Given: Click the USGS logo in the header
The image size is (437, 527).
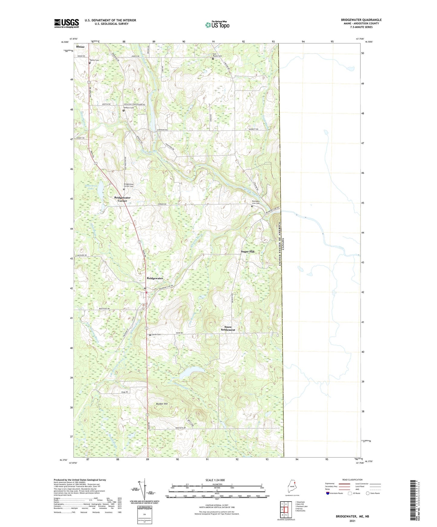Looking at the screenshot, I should coord(67,23).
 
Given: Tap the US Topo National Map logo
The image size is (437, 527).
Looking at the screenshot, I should coord(217,25).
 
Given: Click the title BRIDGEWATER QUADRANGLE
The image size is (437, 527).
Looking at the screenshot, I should coord(361,20).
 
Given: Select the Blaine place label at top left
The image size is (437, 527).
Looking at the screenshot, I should coord(80,47).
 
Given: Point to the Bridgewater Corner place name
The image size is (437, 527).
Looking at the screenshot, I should coord(122,199).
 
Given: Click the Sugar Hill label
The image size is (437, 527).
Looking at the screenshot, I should coord(248,251).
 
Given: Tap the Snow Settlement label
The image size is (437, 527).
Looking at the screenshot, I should coord(228,328).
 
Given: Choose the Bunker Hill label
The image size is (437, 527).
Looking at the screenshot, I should coord(162,404).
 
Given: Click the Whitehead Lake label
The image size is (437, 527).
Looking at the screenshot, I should coord(91,187).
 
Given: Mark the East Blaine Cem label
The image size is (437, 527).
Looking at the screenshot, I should coord(217,55).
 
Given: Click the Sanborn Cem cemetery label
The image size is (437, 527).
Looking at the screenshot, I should coord(128,107).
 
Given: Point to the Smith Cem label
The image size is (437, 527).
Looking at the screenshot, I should coord(156,334).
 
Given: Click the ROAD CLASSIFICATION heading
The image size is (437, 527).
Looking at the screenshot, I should coord(352,480).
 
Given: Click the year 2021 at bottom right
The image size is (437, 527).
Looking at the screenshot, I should coord(352,521).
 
